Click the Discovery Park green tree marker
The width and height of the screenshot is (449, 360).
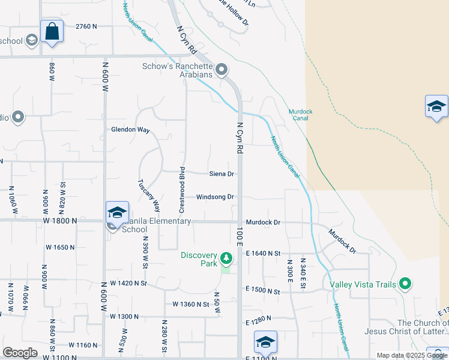click(x=226, y=258)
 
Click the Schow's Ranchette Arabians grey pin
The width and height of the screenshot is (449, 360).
click(x=221, y=70)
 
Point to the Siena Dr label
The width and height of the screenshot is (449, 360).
click(x=221, y=174)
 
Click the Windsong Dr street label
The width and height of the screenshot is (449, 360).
click(x=215, y=197)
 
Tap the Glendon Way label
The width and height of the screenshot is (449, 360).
click(x=130, y=130)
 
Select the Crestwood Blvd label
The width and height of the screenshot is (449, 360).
click(x=182, y=190)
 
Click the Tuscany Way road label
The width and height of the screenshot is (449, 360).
click(x=149, y=196)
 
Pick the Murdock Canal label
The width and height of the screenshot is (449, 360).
click(x=298, y=115)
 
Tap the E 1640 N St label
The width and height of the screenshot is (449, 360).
click(x=263, y=254)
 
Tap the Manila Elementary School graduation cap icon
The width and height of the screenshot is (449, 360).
click(x=117, y=212)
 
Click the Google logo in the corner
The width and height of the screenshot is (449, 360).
click(x=20, y=353)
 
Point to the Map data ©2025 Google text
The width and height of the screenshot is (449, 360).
click(x=412, y=355)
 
